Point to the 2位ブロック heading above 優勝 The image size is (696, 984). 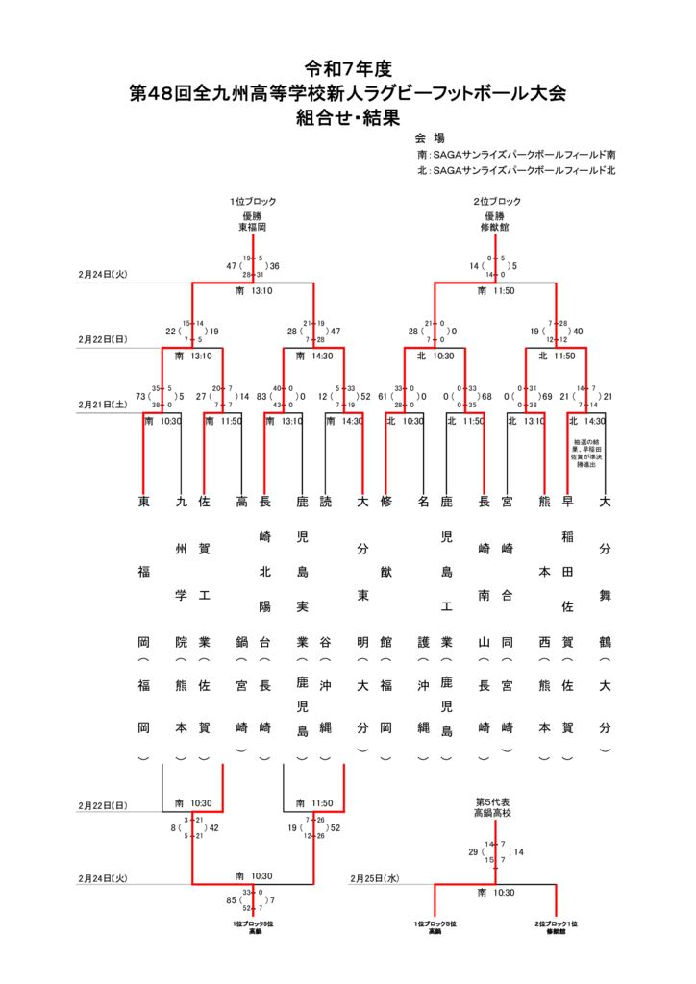pos(496,201)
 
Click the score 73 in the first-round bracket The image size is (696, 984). pos(140,396)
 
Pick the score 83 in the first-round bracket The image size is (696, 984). pos(261,396)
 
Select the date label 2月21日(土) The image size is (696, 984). pos(103,405)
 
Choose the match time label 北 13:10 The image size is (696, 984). pos(524,421)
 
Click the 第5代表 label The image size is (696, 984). pos(495,800)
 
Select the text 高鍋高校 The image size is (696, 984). pos(495,812)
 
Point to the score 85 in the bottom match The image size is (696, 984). pos(232,900)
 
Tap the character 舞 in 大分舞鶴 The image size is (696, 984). pos(605,596)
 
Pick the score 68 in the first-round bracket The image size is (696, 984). pos(486,396)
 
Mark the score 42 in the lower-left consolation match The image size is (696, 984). pos(213,827)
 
